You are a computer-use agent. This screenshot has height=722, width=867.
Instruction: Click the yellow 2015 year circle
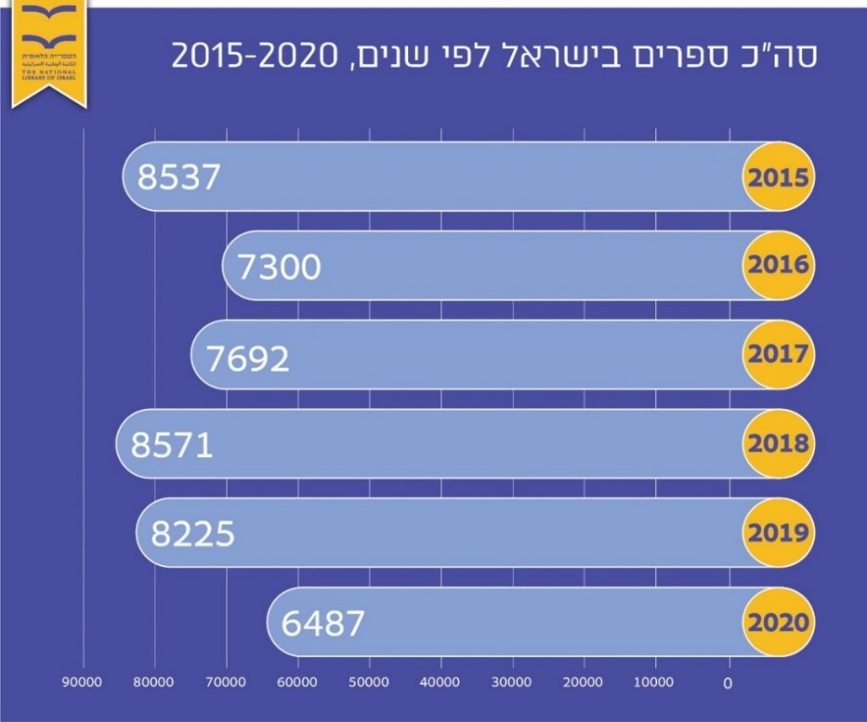click(x=778, y=178)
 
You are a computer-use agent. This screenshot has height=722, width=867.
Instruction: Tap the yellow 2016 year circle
click(x=778, y=266)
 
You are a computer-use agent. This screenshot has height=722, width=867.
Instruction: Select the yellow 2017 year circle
click(x=778, y=355)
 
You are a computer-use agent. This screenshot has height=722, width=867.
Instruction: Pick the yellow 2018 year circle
click(x=778, y=444)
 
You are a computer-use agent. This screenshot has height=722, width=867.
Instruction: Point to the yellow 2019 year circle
click(x=778, y=533)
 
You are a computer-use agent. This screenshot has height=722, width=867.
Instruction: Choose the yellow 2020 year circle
click(x=778, y=622)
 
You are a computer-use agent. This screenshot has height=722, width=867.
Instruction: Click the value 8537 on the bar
click(x=179, y=178)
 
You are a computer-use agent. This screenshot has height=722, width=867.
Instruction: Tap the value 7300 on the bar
click(x=279, y=267)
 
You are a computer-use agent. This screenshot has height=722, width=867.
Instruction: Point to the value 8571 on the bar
click(x=171, y=445)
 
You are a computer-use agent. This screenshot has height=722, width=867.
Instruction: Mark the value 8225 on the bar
click(x=192, y=534)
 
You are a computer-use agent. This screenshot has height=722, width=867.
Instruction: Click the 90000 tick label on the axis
click(x=84, y=681)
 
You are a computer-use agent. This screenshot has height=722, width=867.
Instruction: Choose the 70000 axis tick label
click(x=226, y=681)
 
